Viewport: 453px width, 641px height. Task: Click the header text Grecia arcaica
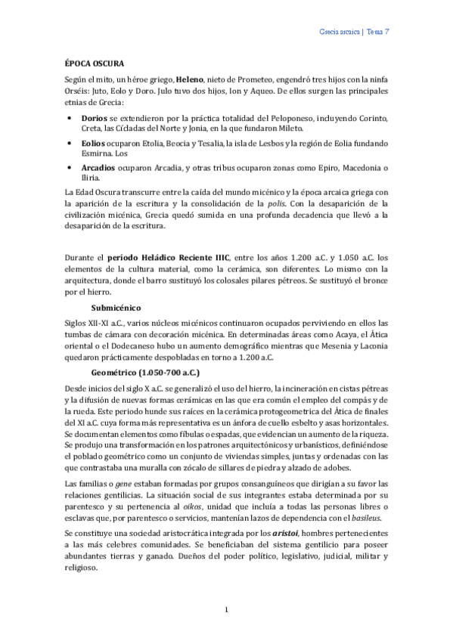[x=337, y=33]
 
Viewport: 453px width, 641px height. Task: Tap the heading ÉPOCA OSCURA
[x=92, y=63]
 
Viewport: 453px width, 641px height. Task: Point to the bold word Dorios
[x=94, y=119]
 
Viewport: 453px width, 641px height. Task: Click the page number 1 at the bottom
[x=226, y=608]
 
